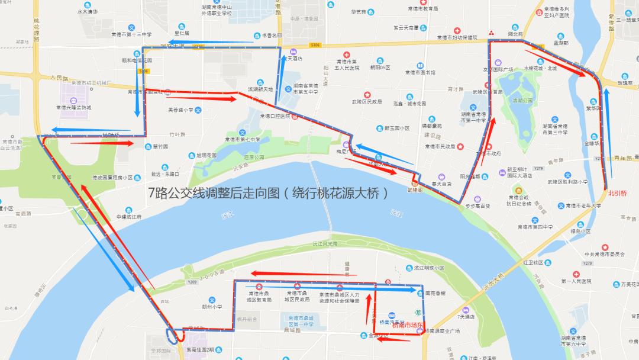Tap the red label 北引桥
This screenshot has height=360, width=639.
(617, 192)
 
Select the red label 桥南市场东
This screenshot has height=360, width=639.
(408, 325)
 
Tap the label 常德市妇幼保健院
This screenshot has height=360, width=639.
(456, 37)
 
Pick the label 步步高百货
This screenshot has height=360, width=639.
(477, 206)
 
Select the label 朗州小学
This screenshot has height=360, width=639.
(211, 306)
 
